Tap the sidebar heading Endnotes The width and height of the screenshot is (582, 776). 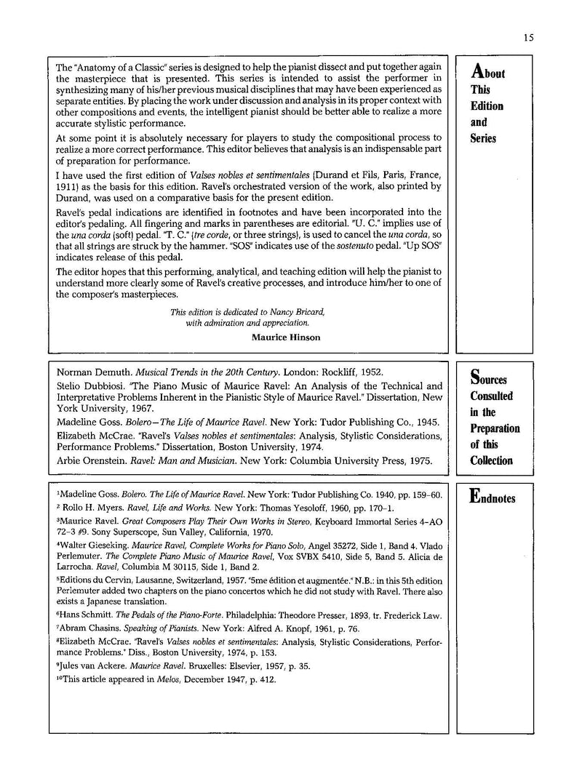click(x=493, y=498)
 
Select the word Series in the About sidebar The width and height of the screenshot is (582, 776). click(x=483, y=138)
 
